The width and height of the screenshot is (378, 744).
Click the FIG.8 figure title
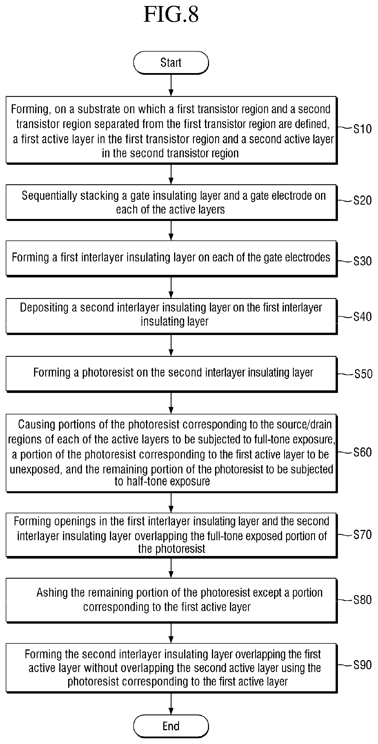171,14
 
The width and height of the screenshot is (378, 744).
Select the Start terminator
171,63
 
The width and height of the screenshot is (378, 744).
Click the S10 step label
363,129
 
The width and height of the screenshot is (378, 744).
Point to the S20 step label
363,200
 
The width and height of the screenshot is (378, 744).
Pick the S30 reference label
363,261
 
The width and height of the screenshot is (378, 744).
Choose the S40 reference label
363,317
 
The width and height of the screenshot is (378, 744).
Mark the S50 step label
363,374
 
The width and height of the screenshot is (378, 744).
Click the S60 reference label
363,452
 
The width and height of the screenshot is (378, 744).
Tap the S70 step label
363,534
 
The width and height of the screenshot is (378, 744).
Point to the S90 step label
363,665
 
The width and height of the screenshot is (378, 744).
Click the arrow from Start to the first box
171,85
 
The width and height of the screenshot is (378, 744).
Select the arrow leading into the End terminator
171,703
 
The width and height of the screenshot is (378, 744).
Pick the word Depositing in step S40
44,308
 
